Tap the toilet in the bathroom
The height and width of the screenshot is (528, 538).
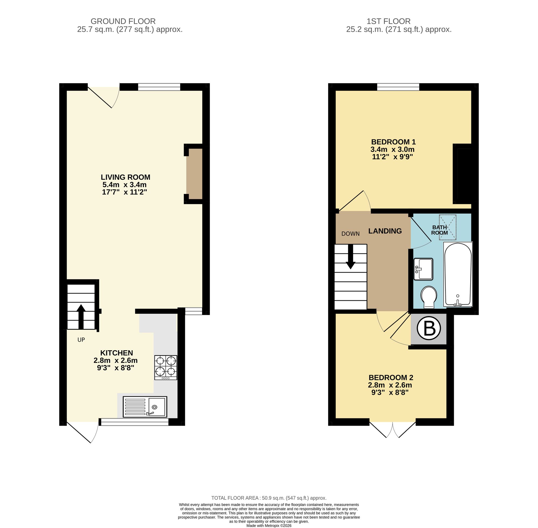click(x=429, y=297)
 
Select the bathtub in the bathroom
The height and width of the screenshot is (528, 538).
click(x=458, y=274)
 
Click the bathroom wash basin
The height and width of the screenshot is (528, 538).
click(x=423, y=269)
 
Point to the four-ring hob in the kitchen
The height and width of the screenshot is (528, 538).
click(x=165, y=367)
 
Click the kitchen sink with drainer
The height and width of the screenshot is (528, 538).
click(x=145, y=407)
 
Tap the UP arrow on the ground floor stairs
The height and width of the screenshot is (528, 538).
click(x=81, y=316)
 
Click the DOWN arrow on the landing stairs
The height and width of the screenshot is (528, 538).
click(x=351, y=257)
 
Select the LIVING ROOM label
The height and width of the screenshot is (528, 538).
click(x=125, y=177)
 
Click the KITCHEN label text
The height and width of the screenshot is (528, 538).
click(x=116, y=353)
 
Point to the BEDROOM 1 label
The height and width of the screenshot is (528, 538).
click(x=393, y=142)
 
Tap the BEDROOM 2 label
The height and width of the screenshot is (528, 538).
click(x=391, y=377)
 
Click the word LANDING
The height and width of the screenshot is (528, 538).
click(x=385, y=231)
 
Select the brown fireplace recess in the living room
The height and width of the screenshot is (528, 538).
click(x=194, y=174)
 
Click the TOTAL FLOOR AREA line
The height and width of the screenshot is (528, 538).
click(x=268, y=498)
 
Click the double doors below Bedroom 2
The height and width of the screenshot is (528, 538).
click(x=392, y=429)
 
